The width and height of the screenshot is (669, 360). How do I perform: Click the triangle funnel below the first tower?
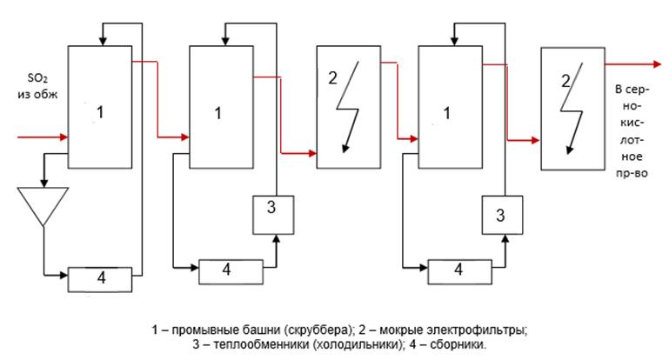(43, 205)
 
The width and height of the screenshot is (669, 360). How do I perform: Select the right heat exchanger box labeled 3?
(500, 215)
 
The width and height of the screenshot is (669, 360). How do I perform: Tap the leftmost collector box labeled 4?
(100, 278)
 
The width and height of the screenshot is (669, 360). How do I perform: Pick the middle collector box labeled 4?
(230, 271)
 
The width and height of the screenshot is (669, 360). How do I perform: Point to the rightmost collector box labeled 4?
(458, 271)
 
